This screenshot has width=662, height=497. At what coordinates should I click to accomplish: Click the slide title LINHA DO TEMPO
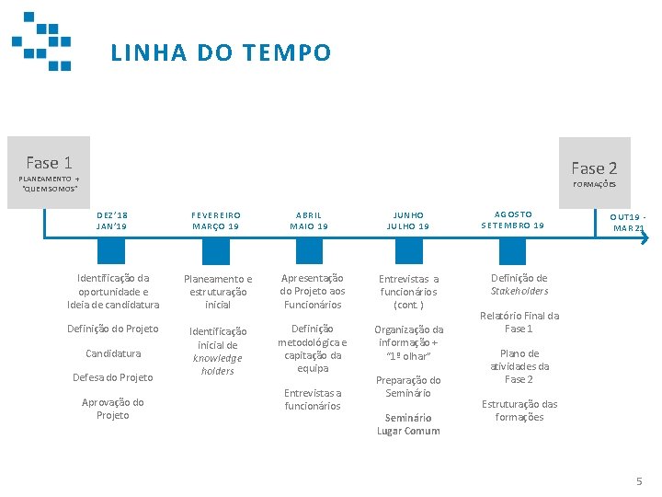pyautogui.click(x=221, y=53)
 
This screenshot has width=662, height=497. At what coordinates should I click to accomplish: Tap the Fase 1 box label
pyautogui.click(x=49, y=163)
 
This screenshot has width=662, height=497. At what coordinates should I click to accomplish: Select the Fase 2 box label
pyautogui.click(x=594, y=168)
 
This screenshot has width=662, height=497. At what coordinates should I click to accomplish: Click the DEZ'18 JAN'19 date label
pyautogui.click(x=112, y=220)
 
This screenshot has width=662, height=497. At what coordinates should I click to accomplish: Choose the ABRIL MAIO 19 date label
pyautogui.click(x=309, y=220)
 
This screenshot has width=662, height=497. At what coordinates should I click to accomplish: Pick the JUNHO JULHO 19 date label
pyautogui.click(x=408, y=220)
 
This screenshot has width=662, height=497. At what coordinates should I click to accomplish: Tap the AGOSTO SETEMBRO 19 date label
pyautogui.click(x=513, y=220)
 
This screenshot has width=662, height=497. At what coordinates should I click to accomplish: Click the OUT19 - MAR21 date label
pyautogui.click(x=629, y=222)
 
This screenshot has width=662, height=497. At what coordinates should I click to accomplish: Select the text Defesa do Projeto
pyautogui.click(x=113, y=377)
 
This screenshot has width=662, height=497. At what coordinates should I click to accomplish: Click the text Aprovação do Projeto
pyautogui.click(x=113, y=409)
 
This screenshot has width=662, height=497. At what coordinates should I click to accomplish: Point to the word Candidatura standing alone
pyautogui.click(x=113, y=353)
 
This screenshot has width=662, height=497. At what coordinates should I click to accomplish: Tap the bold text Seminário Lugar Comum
pyautogui.click(x=408, y=424)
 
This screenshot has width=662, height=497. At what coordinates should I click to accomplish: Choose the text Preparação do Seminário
pyautogui.click(x=408, y=387)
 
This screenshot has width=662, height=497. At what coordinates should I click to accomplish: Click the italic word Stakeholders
pyautogui.click(x=519, y=291)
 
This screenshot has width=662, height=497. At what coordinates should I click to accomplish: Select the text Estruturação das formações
pyautogui.click(x=519, y=410)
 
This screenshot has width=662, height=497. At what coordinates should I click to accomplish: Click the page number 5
pyautogui.click(x=639, y=481)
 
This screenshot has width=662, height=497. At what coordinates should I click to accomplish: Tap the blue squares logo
pyautogui.click(x=42, y=40)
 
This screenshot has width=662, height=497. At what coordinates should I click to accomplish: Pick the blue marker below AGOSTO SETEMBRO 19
pyautogui.click(x=512, y=251)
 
